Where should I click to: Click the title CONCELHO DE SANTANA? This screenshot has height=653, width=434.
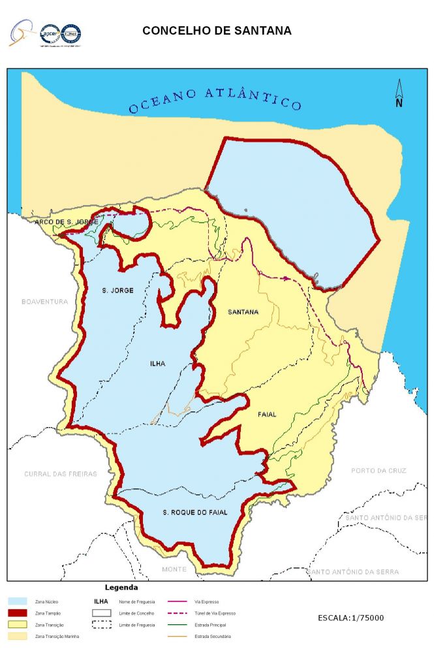tap(217, 31)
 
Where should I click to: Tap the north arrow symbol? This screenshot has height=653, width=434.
tap(399, 93)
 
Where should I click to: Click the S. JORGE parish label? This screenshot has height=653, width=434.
tap(118, 289)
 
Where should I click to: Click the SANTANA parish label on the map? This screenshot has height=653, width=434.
tap(243, 312)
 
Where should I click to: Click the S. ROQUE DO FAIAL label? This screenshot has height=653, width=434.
tap(195, 513)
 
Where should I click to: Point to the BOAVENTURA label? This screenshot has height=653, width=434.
tap(44, 302)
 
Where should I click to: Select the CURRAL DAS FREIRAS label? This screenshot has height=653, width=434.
tap(60, 473)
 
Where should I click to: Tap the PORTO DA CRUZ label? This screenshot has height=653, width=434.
tap(379, 470)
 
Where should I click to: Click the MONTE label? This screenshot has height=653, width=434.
tap(174, 569)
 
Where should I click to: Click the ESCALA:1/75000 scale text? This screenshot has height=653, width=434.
tap(350, 618)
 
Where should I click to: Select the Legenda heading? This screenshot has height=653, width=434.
tap(121, 588)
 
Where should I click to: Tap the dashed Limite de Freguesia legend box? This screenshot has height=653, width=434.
tap(101, 625)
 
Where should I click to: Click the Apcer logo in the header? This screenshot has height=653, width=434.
tap(50, 32)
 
